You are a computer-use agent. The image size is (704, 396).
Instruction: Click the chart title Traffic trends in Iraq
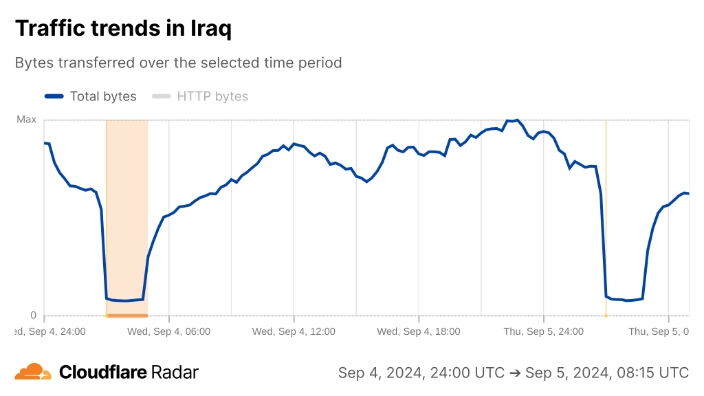tap(123, 28)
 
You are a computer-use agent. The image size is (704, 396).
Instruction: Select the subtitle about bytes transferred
tap(178, 63)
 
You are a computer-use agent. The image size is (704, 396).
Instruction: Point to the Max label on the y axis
tap(26, 120)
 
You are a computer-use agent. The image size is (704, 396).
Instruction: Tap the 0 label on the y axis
tap(32, 316)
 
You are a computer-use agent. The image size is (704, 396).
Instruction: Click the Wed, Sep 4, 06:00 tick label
tap(169, 331)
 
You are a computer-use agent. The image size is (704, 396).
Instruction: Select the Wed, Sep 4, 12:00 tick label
tap(294, 331)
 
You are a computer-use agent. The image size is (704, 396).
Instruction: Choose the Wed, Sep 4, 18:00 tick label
tap(419, 331)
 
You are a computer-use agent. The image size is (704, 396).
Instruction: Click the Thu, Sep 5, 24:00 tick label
tap(543, 331)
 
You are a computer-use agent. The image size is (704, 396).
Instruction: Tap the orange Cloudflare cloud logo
tap(33, 372)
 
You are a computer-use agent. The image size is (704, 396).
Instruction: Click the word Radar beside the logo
tap(175, 373)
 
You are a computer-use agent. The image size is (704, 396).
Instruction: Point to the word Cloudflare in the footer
tap(103, 373)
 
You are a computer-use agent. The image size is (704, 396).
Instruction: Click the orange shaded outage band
tap(127, 206)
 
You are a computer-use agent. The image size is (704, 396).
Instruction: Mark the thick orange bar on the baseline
tap(127, 316)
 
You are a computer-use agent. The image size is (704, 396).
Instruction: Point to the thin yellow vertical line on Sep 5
tap(606, 206)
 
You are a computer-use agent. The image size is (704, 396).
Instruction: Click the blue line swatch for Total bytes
tap(54, 96)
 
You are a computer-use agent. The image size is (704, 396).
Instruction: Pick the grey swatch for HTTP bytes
tap(161, 96)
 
